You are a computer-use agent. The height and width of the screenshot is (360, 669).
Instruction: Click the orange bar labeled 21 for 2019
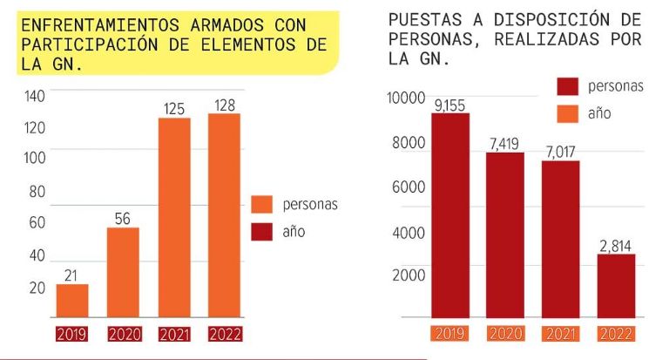coord(72,301)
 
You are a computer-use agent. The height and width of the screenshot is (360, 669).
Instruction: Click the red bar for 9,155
coord(451,215)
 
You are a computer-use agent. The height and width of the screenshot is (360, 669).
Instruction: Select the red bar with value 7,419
coord(505,234)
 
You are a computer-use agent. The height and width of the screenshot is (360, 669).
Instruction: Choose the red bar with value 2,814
coord(615,286)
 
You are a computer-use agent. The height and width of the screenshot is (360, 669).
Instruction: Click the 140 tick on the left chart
coord(34,96)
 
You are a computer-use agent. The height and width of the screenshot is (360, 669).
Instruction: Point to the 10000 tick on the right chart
coord(405,98)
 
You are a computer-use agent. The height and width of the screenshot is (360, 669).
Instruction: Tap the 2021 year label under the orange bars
coord(174,334)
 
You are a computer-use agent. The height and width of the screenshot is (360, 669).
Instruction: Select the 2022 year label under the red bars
coord(616,334)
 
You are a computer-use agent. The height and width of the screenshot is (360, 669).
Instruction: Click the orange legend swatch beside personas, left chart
coord(262,204)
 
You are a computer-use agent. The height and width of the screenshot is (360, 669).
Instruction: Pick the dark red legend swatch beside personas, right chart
coord(568,85)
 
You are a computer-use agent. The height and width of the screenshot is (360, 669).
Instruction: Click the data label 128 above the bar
coord(224,105)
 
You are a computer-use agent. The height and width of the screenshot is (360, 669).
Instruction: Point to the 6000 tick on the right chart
coord(408,187)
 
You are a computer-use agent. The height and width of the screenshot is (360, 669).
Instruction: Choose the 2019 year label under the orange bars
coord(72,334)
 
